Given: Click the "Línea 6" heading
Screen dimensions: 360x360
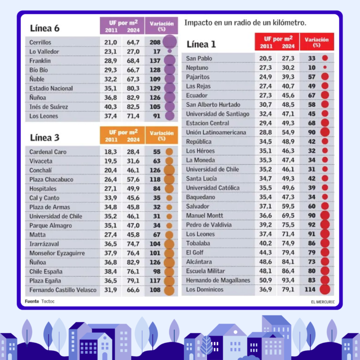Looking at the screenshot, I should tap(45, 28).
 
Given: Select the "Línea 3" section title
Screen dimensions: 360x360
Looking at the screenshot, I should tap(45, 137).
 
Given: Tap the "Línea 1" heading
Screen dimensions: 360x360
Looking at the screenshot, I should tap(201, 45).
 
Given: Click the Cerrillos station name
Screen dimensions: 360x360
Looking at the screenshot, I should tap(40, 43).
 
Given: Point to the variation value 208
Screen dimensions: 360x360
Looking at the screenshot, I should tap(155, 43).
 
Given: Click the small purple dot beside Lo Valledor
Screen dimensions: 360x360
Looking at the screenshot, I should tap(169, 51).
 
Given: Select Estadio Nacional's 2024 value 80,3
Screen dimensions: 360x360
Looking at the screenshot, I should tap(133, 88).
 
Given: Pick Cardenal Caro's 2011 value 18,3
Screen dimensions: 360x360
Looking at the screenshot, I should tap(110, 152).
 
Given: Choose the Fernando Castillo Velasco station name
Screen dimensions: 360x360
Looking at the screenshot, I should tap(63, 290).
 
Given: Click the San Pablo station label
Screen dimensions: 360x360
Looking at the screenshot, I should tap(199, 59).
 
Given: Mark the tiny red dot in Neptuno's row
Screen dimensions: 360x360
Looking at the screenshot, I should tap(325, 68).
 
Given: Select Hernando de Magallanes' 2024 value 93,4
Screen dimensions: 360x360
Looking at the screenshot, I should tap(288, 280).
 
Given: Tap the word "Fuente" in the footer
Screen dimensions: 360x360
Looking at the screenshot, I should tap(32, 301).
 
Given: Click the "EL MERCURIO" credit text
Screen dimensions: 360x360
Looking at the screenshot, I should tap(323, 302).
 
